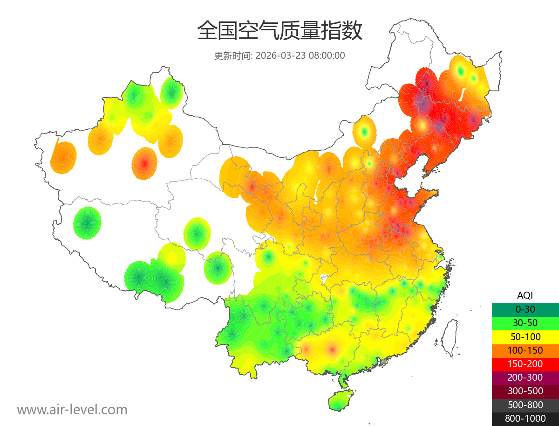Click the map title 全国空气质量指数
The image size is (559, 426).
279,32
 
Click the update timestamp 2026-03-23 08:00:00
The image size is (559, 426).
300,56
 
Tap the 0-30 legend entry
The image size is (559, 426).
525,309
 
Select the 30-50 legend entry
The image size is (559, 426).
525,322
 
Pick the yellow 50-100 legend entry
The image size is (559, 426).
525,336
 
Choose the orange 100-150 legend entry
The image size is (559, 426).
525,350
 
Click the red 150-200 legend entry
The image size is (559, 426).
525,363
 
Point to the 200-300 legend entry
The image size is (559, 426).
525,377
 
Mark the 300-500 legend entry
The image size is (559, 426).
525,391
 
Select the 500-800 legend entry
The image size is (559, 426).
525,405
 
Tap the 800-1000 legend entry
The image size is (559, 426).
525,419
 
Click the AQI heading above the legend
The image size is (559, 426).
525,295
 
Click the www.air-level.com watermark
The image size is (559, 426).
72,410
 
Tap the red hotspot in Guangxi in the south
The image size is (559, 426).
332,349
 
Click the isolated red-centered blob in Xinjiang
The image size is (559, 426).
144,163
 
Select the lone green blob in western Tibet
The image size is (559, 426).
87,223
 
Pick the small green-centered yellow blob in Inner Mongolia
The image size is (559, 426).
364,132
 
